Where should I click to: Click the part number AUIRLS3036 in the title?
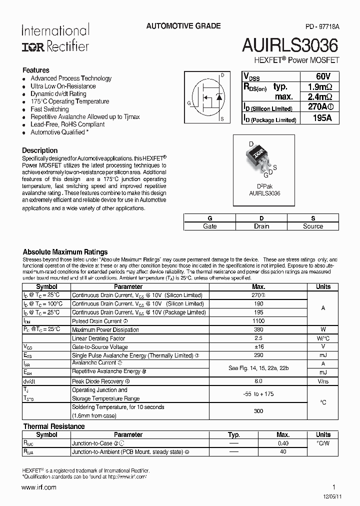click(x=290, y=46)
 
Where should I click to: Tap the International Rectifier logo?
click(x=55, y=38)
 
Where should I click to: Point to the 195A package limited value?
click(x=318, y=118)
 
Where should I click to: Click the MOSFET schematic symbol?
click(x=205, y=96)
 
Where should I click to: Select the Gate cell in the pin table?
click(x=210, y=226)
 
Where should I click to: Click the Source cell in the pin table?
click(x=313, y=226)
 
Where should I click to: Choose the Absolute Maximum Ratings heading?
click(x=65, y=252)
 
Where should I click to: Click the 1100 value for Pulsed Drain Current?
click(x=258, y=321)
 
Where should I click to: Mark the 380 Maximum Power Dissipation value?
click(x=258, y=330)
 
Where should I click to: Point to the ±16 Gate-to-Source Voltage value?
click(x=258, y=347)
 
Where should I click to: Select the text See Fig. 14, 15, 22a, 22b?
click(x=258, y=368)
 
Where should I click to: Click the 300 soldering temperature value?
click(x=258, y=411)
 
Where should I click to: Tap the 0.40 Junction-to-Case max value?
click(x=283, y=443)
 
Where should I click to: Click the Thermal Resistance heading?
click(x=54, y=426)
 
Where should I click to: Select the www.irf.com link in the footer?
click(x=39, y=487)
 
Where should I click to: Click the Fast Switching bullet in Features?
click(x=49, y=109)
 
